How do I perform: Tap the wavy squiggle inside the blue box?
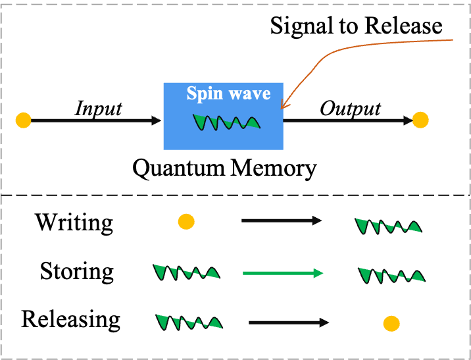[x=226, y=122]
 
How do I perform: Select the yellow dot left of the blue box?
[x=23, y=120]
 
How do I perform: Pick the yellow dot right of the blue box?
[x=420, y=120]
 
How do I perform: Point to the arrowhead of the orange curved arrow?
[x=282, y=105]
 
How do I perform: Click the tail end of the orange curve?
[x=452, y=40]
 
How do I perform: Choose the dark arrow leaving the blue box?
[x=349, y=120]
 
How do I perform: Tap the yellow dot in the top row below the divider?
[x=186, y=222]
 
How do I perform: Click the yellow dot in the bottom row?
[x=391, y=324]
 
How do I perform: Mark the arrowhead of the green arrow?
[x=319, y=273]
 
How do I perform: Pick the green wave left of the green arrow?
[x=186, y=272]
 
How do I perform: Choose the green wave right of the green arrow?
[x=391, y=275]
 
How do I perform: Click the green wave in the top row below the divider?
[x=388, y=226]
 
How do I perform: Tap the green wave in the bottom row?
[x=189, y=322]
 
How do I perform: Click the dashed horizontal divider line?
[x=235, y=195]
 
